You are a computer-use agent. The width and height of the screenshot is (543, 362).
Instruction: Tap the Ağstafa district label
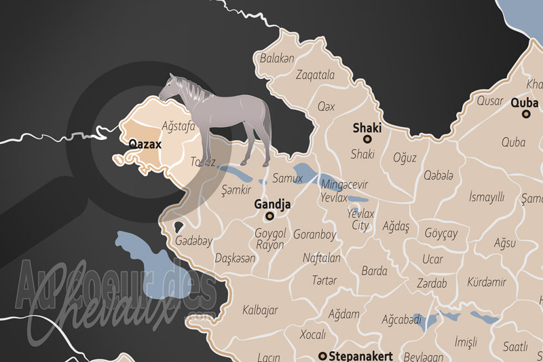[179, 126]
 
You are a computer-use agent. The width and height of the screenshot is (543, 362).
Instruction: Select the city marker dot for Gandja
[269, 216]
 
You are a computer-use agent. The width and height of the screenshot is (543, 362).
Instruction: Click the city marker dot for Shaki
[367, 139]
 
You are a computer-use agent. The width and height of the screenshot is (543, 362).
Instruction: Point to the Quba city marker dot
[525, 114]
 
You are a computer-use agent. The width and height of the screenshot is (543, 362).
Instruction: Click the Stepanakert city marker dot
[322, 355]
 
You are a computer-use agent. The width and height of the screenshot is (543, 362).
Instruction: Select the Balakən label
[278, 58]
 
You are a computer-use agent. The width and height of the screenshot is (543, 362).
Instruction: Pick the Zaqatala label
[316, 75]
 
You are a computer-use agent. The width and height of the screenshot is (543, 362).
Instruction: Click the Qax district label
[326, 107]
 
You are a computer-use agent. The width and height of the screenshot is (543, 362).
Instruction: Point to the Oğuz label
[405, 158]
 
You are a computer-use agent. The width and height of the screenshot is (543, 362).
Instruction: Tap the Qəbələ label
[438, 176]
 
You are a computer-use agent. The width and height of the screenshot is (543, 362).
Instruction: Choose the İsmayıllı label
[487, 197]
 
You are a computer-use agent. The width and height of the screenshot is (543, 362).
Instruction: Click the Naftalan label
[322, 258]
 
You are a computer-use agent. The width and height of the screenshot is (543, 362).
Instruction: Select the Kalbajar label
[260, 310]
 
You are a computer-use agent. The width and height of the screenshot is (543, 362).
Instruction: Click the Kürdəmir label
[487, 282]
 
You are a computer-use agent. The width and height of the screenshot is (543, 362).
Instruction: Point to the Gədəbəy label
[193, 241]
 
